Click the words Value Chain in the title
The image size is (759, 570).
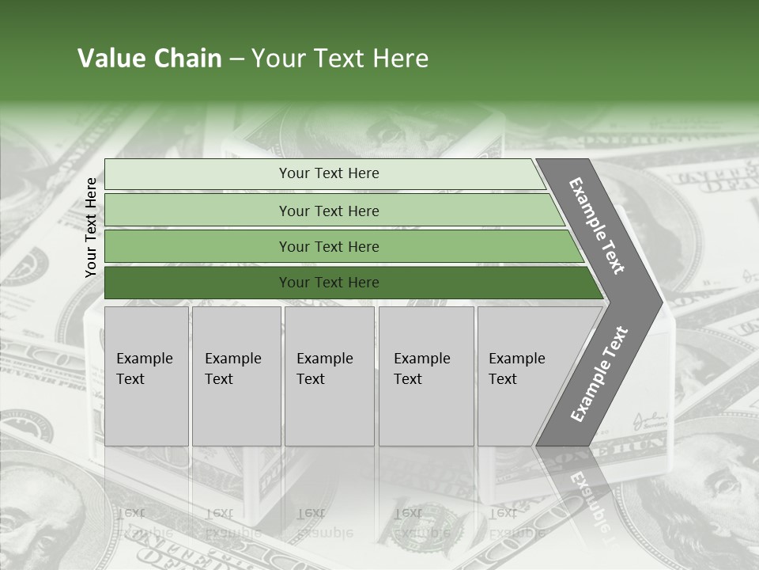tap(149, 59)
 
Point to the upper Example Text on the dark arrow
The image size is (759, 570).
tap(597, 226)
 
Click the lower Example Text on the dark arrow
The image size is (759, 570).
tap(599, 374)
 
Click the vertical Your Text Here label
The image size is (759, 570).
tap(91, 227)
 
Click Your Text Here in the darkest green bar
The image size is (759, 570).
tap(329, 283)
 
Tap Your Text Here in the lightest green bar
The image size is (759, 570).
tap(329, 173)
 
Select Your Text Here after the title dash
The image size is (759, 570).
tap(340, 59)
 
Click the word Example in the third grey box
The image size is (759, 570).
tap(324, 359)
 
